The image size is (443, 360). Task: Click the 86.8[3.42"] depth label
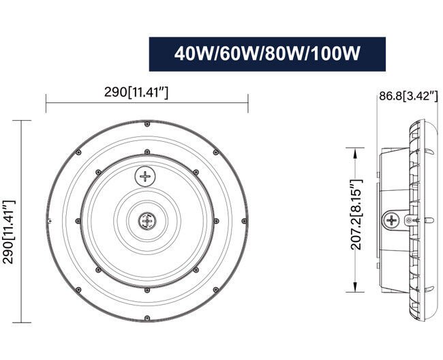click(x=408, y=95)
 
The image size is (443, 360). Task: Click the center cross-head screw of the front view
click(x=147, y=221)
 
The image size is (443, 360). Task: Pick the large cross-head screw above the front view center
click(x=146, y=177)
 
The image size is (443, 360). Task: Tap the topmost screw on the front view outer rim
click(x=147, y=124)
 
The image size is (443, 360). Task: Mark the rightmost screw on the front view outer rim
click(x=243, y=221)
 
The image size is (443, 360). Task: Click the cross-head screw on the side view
click(x=393, y=220)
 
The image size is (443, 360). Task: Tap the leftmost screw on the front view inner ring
click(x=79, y=221)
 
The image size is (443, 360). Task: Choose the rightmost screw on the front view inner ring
click(x=215, y=221)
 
